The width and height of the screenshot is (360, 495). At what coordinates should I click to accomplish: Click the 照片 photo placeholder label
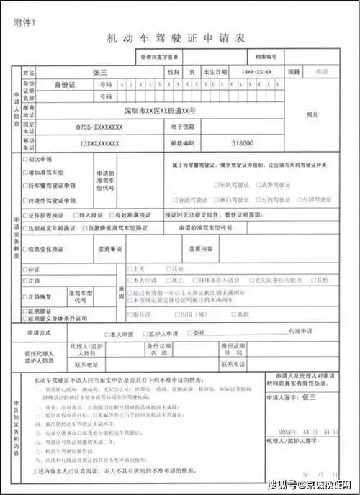click(x=312, y=114)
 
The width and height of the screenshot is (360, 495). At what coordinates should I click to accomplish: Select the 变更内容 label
click(x=201, y=250)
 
